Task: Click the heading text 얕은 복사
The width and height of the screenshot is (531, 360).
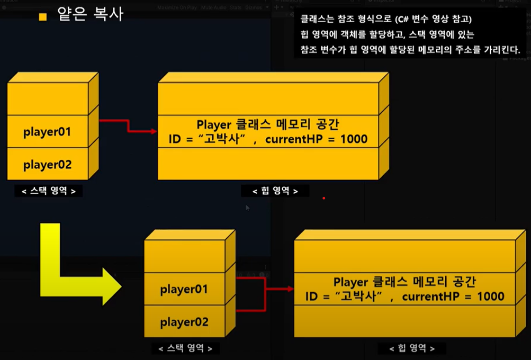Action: click(x=91, y=14)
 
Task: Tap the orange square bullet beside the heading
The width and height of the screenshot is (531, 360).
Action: click(x=43, y=16)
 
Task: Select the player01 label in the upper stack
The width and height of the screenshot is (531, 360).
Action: click(x=47, y=131)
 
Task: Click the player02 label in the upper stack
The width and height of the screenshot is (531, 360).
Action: click(x=47, y=165)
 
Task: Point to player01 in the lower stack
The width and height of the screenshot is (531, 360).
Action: click(x=184, y=289)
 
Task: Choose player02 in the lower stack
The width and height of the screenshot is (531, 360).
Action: click(x=184, y=322)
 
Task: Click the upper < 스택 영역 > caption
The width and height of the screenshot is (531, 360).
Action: click(x=48, y=191)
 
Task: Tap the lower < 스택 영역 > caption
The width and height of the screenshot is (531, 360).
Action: click(x=185, y=348)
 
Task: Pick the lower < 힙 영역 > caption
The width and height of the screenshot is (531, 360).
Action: click(x=412, y=348)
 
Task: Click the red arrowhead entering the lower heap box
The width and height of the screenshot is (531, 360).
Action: click(x=290, y=289)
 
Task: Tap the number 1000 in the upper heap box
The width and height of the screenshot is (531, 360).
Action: click(x=351, y=140)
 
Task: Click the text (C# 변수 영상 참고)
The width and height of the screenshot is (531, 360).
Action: click(x=434, y=20)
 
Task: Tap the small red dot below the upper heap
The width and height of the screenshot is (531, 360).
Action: click(x=323, y=199)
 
